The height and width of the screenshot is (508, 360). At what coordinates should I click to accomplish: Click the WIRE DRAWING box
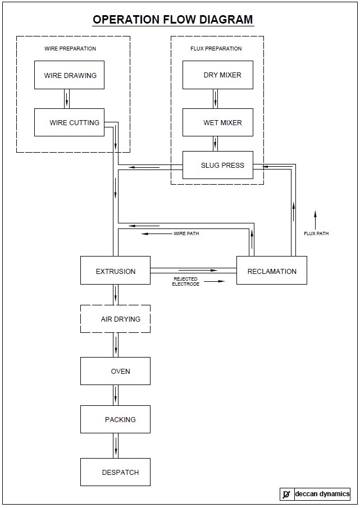(69, 75)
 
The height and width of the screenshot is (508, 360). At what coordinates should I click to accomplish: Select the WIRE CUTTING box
(69, 122)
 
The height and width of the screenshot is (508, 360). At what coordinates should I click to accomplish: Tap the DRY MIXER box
(217, 75)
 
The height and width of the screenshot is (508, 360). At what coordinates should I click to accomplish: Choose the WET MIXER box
(217, 122)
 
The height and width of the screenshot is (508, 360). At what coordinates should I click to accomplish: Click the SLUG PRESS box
(217, 166)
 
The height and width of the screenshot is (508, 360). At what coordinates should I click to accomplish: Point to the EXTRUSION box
(115, 271)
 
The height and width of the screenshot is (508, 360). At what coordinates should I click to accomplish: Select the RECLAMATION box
(272, 271)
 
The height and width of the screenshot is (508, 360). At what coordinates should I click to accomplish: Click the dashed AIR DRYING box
(115, 319)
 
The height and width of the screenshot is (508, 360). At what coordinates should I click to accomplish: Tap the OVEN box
(115, 371)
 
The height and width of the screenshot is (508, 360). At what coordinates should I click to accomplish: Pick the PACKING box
(115, 419)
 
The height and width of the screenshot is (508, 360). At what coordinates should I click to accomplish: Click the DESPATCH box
(115, 472)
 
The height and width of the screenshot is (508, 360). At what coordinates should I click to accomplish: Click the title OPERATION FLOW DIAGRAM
(173, 20)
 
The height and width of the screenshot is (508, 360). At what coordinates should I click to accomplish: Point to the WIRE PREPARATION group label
(70, 49)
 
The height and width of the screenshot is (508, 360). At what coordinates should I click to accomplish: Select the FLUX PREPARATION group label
(216, 49)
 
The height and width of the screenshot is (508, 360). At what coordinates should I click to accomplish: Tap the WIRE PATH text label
(186, 234)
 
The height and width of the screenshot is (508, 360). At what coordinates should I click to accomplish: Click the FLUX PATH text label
(316, 234)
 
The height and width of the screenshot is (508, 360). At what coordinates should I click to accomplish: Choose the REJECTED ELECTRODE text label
(185, 281)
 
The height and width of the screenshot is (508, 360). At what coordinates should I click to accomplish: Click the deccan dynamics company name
(322, 494)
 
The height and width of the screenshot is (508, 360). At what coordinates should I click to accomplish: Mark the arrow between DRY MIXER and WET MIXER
(215, 98)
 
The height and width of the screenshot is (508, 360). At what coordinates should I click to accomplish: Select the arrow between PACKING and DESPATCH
(116, 446)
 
